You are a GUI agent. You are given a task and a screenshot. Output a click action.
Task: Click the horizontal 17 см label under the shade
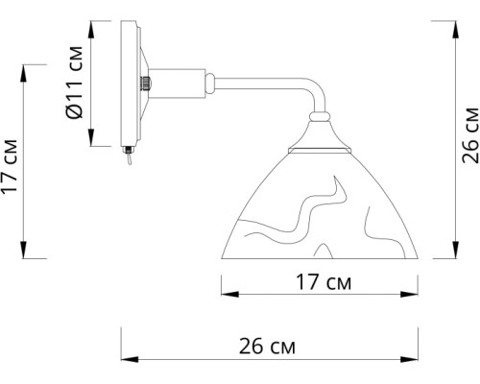320,285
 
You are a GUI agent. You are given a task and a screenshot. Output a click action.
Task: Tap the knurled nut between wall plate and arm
146,83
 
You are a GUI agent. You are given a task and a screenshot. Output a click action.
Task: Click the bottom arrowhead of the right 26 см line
453,256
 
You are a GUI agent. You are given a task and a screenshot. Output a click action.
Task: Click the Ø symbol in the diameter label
76,111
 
